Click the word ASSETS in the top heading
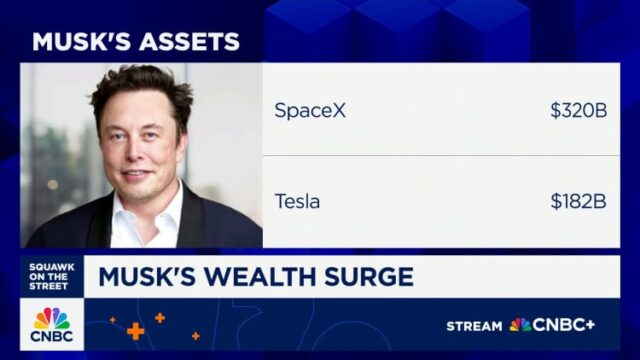click(189, 42)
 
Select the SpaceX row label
click(310, 111)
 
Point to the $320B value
click(578, 111)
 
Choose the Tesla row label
click(298, 201)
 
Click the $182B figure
click(578, 201)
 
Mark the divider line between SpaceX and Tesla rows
click(440, 156)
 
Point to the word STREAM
click(474, 326)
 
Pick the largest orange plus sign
click(135, 331)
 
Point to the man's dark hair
click(140, 85)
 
